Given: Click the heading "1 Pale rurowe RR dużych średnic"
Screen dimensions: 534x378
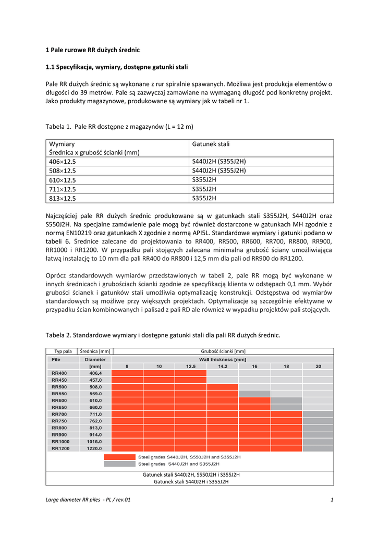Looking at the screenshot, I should [x=93, y=50].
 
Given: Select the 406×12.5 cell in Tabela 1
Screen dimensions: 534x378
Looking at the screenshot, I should [x=62, y=162].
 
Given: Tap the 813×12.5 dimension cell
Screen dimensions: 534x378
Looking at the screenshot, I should [x=62, y=198].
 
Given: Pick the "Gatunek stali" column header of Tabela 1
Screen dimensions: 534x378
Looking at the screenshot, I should [x=211, y=144].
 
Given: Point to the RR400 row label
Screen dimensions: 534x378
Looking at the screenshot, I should [x=59, y=373].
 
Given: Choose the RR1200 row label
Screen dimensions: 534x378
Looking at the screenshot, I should [x=60, y=448].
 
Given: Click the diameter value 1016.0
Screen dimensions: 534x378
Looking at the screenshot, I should [x=94, y=441].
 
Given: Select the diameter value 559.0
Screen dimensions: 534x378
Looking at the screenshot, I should [x=95, y=394].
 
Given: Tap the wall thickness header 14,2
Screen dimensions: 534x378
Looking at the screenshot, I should [x=223, y=367].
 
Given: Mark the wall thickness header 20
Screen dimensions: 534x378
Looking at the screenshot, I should [x=318, y=367].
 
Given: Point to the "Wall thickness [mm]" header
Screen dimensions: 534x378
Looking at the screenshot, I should [x=223, y=359].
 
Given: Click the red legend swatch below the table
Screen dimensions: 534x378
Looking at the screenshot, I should [x=119, y=457].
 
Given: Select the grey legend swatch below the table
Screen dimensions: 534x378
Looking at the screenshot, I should [x=119, y=464].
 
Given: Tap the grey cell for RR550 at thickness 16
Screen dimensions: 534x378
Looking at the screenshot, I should [x=254, y=394].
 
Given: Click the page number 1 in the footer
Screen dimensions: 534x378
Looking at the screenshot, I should [x=332, y=500].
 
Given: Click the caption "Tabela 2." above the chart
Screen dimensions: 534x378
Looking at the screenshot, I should [x=58, y=335].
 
